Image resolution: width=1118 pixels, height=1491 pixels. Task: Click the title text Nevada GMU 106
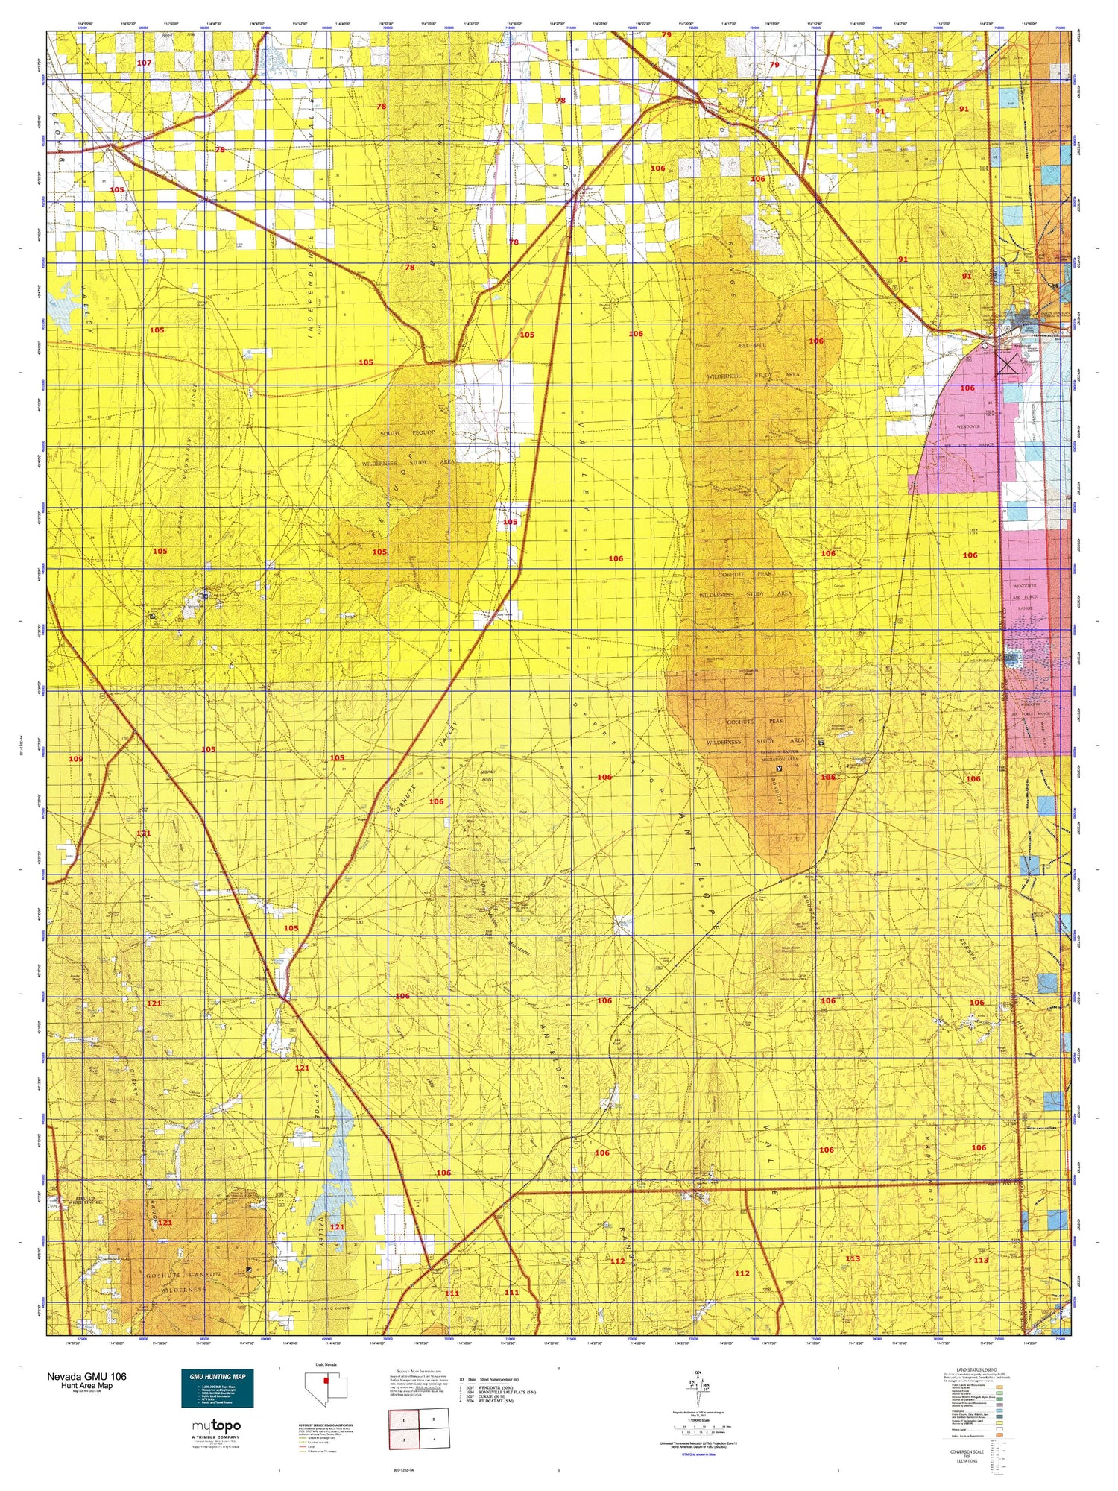pyautogui.click(x=86, y=1376)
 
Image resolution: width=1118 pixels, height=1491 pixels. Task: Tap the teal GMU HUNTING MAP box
pyautogui.click(x=217, y=1388)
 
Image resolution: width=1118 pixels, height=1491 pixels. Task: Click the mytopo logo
pyautogui.click(x=215, y=1426)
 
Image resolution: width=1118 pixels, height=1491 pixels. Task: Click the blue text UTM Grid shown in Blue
pyautogui.click(x=698, y=1454)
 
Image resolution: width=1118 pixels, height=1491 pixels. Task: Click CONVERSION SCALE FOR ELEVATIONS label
pyautogui.click(x=966, y=1454)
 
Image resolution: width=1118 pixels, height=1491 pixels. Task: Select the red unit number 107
pyautogui.click(x=144, y=63)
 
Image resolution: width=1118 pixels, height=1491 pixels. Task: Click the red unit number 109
pyautogui.click(x=75, y=759)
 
